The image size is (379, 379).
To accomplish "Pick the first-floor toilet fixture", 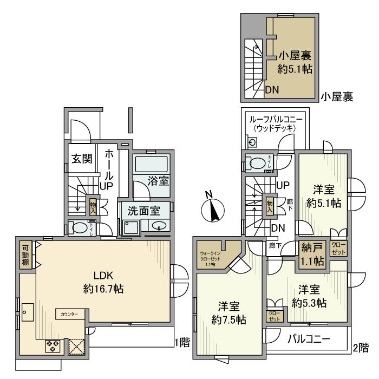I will pyautogui.click(x=80, y=228).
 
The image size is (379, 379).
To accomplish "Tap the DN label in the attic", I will pyautogui.click(x=272, y=90).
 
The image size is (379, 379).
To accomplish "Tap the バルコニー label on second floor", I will pyautogui.click(x=308, y=339).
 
